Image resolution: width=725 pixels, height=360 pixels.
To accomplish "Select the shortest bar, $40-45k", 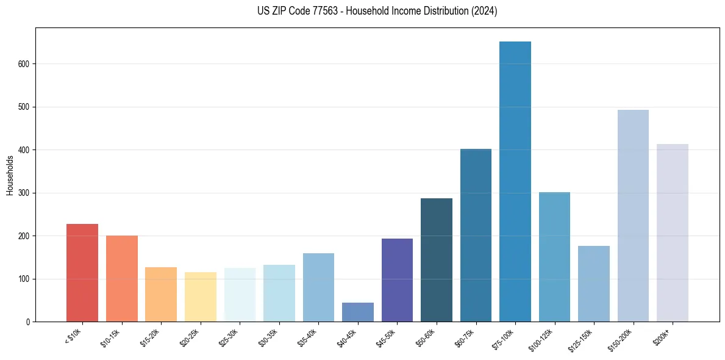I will point(358,312).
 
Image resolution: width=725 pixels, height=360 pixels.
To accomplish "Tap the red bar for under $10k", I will point(82,273).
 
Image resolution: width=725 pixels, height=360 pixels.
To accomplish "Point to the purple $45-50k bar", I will point(397,280).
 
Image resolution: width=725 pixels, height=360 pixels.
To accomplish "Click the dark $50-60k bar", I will point(437,260).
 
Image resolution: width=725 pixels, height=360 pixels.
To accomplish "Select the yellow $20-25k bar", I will point(201,297).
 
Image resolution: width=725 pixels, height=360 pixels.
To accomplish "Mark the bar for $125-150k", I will point(594,284).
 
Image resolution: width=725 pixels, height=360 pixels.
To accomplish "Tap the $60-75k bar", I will point(476,236).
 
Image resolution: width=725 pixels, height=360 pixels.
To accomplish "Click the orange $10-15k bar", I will point(122,279).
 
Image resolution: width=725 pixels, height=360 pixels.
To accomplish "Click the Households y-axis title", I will point(10,175).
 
